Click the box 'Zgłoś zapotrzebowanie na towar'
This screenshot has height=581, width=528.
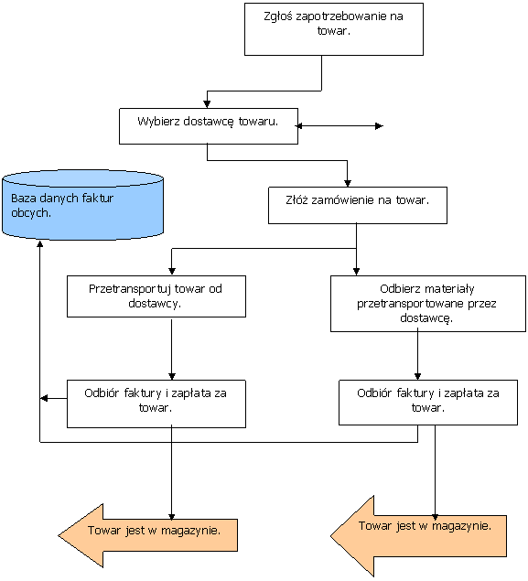[x=334, y=29]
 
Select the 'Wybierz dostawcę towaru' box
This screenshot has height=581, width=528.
[x=209, y=126]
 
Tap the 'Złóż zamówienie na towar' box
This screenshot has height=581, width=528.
[x=358, y=205]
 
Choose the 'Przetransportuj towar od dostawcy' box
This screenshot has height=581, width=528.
[x=156, y=296]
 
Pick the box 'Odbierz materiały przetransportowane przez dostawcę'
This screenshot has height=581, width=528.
[x=428, y=304]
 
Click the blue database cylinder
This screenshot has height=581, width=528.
[x=82, y=205]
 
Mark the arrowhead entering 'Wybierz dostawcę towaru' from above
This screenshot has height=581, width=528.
[x=207, y=104]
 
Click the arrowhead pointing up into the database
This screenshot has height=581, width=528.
[x=40, y=243]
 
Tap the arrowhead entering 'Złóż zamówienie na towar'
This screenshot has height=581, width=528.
[x=347, y=183]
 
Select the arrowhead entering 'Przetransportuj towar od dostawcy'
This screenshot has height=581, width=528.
[x=171, y=271]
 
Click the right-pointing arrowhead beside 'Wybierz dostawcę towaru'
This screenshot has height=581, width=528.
[x=379, y=126]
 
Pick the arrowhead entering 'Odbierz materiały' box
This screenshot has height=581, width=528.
[x=356, y=271]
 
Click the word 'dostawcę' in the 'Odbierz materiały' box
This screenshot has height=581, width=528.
[x=426, y=318]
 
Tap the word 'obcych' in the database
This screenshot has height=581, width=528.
[x=31, y=213]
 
